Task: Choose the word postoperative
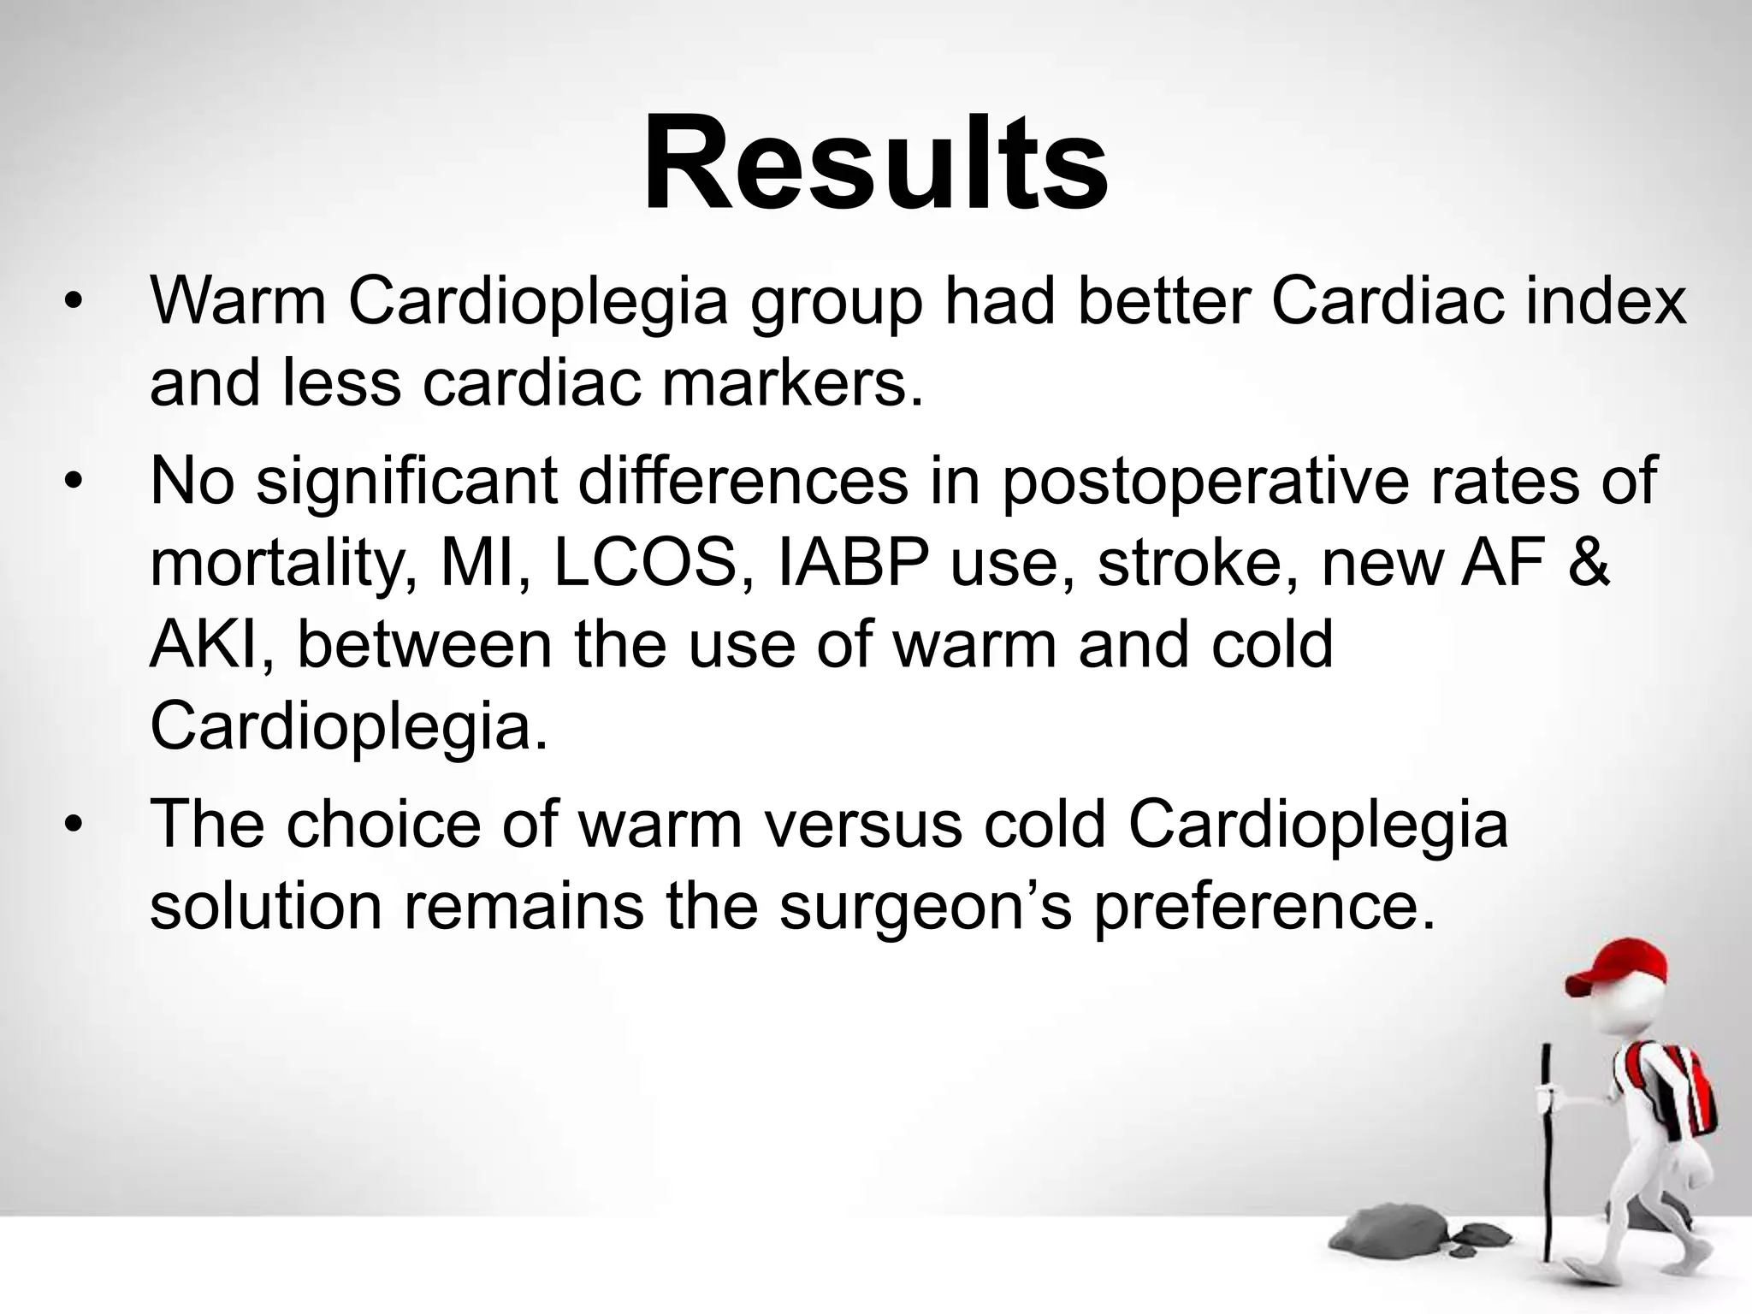[x=1202, y=481]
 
